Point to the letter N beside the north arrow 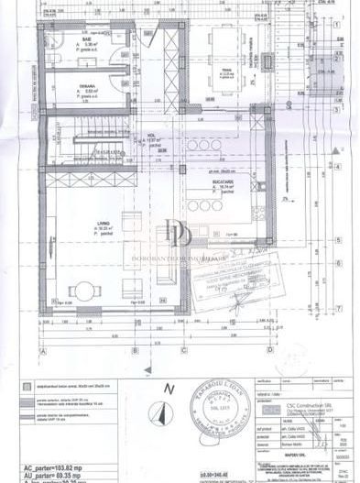(167, 389)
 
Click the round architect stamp (214, 407)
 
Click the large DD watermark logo (179, 234)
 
